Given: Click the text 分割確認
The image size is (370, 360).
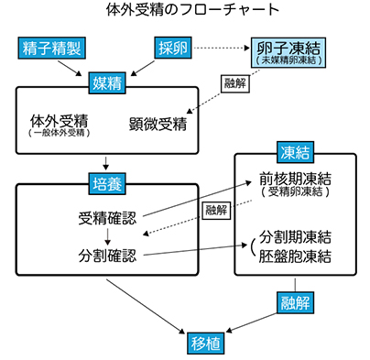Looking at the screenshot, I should point(108,254).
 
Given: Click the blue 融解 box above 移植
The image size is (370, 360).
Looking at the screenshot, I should point(294,301).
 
